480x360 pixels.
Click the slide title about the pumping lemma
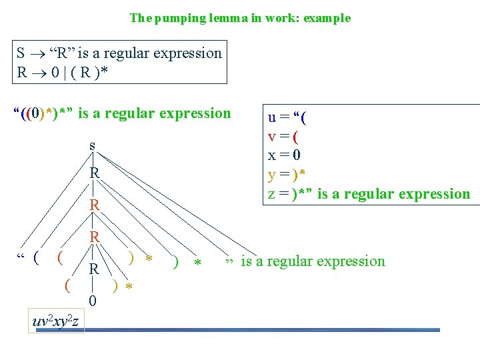tap(239, 18)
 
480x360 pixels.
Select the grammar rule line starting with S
tap(119, 53)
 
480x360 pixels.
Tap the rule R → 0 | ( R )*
tap(65, 71)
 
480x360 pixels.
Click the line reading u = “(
tap(287, 118)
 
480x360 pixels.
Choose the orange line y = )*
tap(287, 175)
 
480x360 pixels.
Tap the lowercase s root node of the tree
tap(92, 145)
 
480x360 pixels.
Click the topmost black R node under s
tap(95, 173)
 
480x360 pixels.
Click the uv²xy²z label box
tap(56, 321)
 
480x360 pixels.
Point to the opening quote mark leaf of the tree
tap(21, 257)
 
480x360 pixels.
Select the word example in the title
tap(327, 18)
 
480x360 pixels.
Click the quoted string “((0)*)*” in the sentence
tap(43, 113)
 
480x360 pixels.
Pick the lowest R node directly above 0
tap(95, 269)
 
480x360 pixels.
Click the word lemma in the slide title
tap(223, 18)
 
